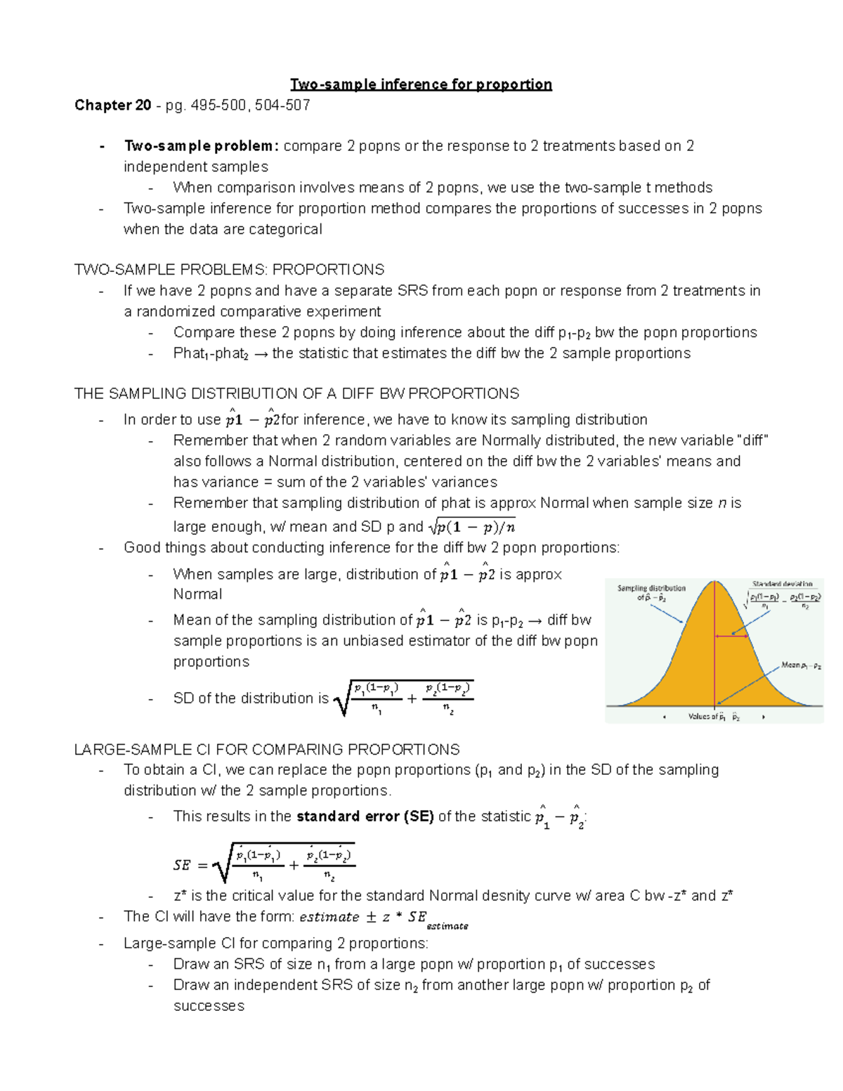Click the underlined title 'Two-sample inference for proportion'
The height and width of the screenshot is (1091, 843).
pyautogui.click(x=421, y=85)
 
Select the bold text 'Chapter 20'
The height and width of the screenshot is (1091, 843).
pyautogui.click(x=112, y=105)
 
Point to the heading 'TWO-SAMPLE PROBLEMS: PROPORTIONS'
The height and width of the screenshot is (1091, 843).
pyautogui.click(x=229, y=270)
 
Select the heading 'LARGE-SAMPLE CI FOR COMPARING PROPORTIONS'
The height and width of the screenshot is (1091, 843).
pyautogui.click(x=267, y=750)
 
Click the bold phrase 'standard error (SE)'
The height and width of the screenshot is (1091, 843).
pyautogui.click(x=365, y=816)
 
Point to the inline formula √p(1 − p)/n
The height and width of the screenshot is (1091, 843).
pyautogui.click(x=471, y=526)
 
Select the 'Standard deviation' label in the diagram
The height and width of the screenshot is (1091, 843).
pyautogui.click(x=782, y=584)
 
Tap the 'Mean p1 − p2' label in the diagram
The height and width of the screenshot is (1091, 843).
pyautogui.click(x=801, y=665)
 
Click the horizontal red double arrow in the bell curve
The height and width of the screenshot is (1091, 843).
pyautogui.click(x=731, y=636)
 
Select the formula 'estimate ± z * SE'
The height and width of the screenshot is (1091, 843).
pyautogui.click(x=362, y=917)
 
